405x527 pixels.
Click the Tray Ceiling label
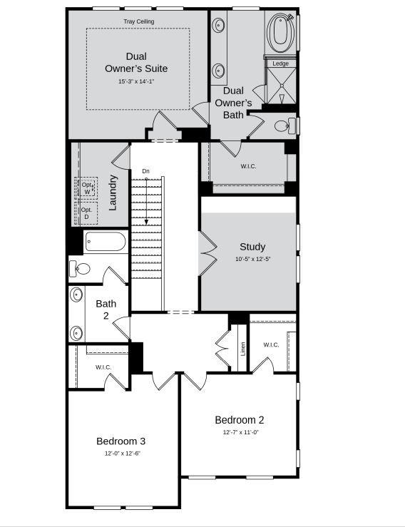tap(138, 21)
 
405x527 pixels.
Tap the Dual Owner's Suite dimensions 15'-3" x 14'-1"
tap(136, 82)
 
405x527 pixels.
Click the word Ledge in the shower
tap(281, 63)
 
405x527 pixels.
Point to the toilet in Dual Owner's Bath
tap(283, 126)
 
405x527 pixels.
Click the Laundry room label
tap(113, 192)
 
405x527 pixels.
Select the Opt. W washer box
tap(87, 188)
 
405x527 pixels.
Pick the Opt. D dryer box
tap(87, 213)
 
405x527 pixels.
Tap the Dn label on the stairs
tap(146, 171)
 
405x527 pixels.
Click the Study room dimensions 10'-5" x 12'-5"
tap(252, 258)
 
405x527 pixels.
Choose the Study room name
tap(252, 247)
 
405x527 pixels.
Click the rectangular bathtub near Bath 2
tap(106, 242)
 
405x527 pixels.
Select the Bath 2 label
tap(106, 309)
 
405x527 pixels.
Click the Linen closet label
tap(243, 348)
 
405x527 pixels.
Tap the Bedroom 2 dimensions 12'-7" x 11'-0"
tap(240, 432)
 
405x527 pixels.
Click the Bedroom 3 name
tap(121, 441)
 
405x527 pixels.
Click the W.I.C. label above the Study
tap(248, 166)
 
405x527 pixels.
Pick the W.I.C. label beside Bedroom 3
tap(103, 367)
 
